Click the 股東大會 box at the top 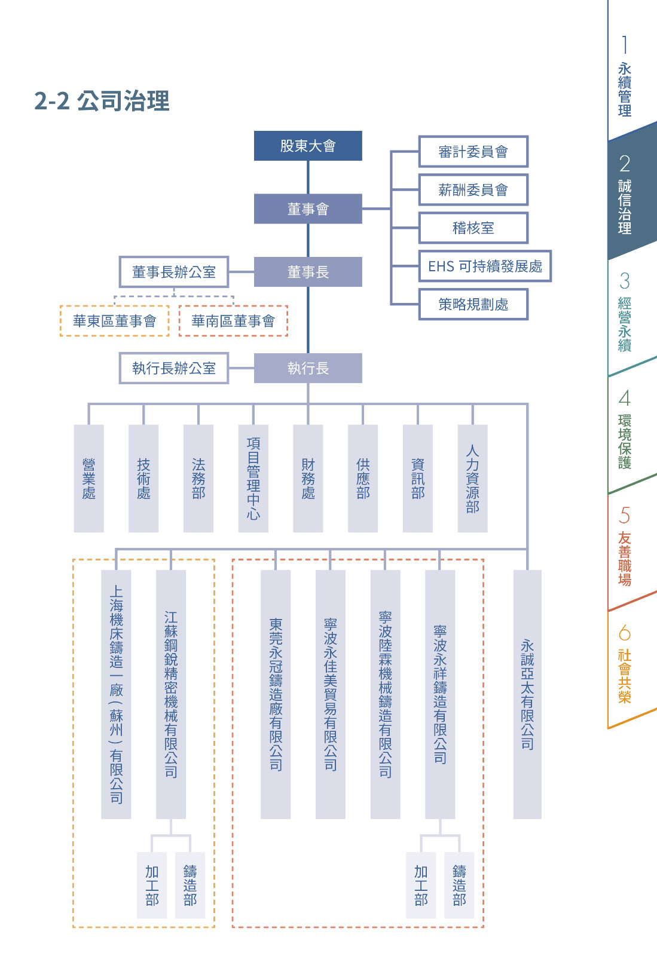pyautogui.click(x=308, y=146)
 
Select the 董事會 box pyautogui.click(x=308, y=209)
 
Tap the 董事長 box pyautogui.click(x=308, y=272)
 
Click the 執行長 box pyautogui.click(x=308, y=368)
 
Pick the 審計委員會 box pyautogui.click(x=473, y=152)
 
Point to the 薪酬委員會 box pyautogui.click(x=473, y=190)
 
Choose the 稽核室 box pyautogui.click(x=473, y=228)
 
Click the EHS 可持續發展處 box pyautogui.click(x=485, y=266)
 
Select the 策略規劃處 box pyautogui.click(x=473, y=305)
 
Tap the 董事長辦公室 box pyautogui.click(x=174, y=272)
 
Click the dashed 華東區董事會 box pyautogui.click(x=114, y=321)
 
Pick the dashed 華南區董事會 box pyautogui.click(x=233, y=321)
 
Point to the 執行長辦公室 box pyautogui.click(x=174, y=368)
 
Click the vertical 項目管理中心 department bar pyautogui.click(x=253, y=478)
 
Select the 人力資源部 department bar pyautogui.click(x=472, y=478)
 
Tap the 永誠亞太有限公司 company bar pyautogui.click(x=527, y=694)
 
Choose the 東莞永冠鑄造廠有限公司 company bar pyautogui.click(x=276, y=694)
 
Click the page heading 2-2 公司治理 pyautogui.click(x=102, y=101)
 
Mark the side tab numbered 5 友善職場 pyautogui.click(x=625, y=547)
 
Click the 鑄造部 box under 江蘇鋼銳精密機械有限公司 pyautogui.click(x=190, y=885)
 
